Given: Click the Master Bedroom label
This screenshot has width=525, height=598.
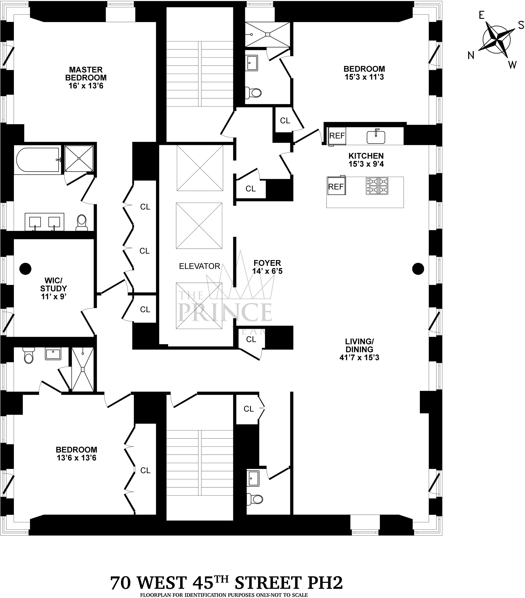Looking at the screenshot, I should click(86, 78).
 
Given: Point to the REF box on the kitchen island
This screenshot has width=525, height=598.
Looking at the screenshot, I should click(336, 186).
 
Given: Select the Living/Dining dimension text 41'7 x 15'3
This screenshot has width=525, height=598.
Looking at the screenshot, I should click(359, 357).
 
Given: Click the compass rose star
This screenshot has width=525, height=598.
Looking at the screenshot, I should click(497, 40).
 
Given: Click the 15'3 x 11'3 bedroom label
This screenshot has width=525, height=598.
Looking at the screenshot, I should click(364, 73).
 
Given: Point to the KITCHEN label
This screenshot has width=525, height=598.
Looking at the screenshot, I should click(366, 156).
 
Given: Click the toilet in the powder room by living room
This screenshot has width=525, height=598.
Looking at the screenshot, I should click(254, 498).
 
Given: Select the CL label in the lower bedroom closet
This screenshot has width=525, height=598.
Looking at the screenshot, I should click(145, 470).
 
